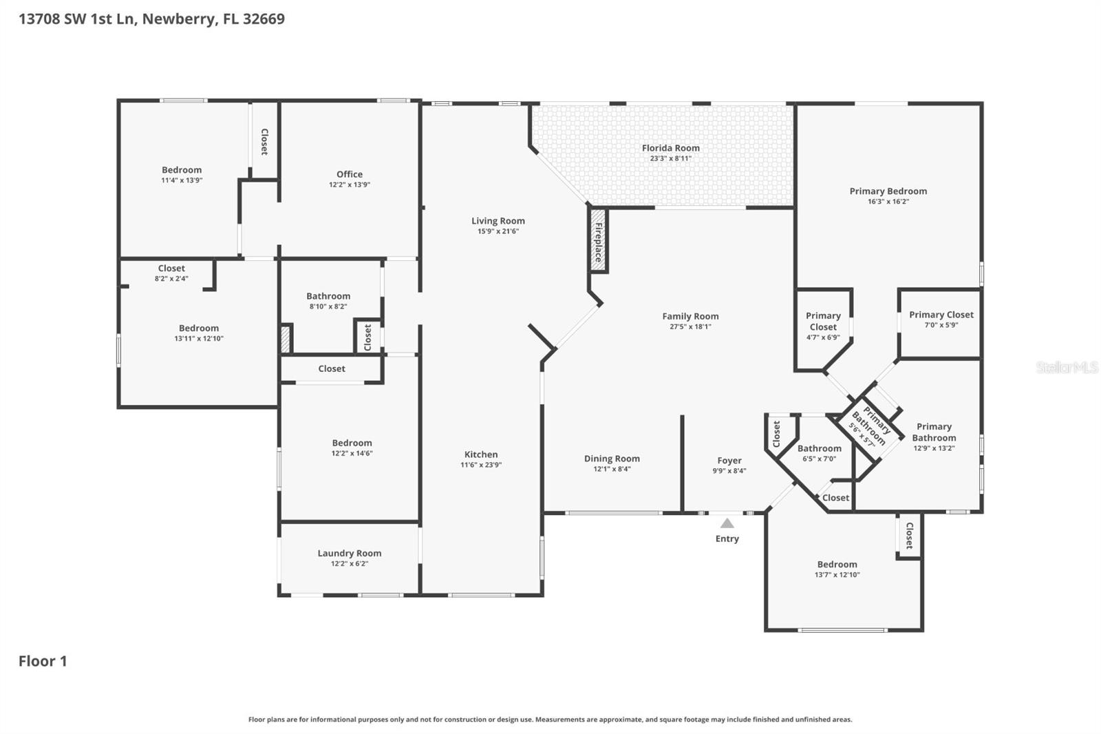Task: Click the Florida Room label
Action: coord(670,148)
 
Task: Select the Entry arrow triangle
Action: coord(727,523)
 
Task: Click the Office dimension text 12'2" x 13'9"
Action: coord(349,185)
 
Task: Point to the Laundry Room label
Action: coord(349,553)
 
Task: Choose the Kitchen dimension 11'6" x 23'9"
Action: coord(480,465)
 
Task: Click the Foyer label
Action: coord(729,461)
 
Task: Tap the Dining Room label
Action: coord(612,459)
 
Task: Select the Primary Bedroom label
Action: coord(888,191)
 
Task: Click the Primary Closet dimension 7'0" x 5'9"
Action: coord(941,325)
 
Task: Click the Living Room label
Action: coord(498,221)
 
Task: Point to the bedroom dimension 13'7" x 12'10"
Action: coord(837,575)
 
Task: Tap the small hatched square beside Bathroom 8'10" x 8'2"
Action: coord(286,339)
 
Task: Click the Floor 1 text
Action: coord(43,661)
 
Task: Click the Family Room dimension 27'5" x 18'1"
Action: coord(690,327)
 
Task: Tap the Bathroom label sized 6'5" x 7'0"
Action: coord(819,448)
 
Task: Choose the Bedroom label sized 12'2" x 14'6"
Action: coord(352,443)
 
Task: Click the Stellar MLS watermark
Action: coord(1066,368)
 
